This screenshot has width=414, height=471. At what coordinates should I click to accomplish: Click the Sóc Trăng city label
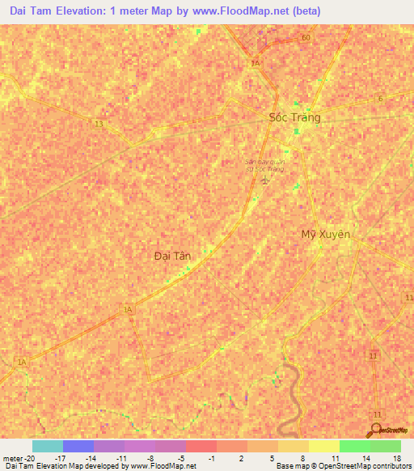coord(294,117)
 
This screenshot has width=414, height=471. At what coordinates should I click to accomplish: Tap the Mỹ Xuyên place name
coord(325,234)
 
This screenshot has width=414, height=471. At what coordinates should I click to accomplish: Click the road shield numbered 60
coord(305,38)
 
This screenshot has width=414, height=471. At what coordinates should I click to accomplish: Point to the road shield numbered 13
coord(98,124)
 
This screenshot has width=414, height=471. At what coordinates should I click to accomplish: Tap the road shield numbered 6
coord(379,99)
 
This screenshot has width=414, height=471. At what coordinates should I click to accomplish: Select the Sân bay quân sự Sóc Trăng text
coord(265,164)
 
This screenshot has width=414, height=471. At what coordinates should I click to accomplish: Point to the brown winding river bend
coord(289,397)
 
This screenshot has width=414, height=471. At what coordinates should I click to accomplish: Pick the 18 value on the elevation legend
coord(397,457)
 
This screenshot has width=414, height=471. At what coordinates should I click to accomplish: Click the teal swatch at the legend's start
coord(47,446)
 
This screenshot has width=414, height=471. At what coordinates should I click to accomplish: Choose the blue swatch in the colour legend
coord(78,446)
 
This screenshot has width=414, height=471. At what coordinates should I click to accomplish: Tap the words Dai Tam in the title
coord(37,11)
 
